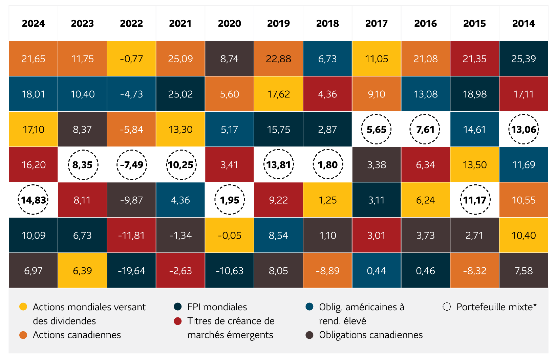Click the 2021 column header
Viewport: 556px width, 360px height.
180,23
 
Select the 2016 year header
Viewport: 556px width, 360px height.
425,23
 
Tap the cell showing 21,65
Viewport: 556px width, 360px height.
33,59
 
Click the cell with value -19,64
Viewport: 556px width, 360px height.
131,271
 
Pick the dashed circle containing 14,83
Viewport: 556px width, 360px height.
33,200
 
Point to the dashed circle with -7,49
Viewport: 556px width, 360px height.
131,165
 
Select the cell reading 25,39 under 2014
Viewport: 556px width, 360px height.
523,59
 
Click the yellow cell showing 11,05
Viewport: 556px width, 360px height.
377,59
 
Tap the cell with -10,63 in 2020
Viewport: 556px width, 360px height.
230,271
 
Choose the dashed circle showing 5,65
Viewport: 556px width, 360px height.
377,129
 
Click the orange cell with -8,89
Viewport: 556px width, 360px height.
327,271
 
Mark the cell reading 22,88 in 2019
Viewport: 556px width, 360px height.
278,59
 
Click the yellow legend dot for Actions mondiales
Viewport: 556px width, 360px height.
23,307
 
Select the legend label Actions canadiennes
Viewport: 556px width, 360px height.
77,335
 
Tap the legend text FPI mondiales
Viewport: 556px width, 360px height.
217,307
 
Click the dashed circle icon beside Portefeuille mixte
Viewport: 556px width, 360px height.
447,307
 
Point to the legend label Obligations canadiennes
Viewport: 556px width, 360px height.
371,335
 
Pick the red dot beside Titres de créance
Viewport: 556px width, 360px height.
178,321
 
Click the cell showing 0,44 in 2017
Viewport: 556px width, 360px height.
377,271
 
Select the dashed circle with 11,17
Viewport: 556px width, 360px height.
475,200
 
